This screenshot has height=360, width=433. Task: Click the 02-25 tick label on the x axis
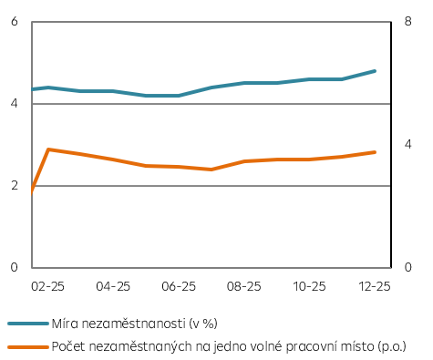tap(47, 286)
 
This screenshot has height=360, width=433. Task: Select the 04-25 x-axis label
tap(113, 286)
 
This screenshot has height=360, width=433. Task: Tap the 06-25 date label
tap(179, 286)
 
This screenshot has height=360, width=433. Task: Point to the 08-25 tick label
tap(244, 286)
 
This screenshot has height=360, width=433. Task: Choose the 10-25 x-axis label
tap(310, 286)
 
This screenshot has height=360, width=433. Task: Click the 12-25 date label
tap(375, 286)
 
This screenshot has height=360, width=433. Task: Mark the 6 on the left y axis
tap(15, 21)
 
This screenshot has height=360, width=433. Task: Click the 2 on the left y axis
tap(15, 186)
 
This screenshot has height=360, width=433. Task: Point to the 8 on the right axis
tap(407, 21)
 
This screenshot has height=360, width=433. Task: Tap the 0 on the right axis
tap(407, 267)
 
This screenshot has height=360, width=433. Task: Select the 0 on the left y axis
tap(15, 267)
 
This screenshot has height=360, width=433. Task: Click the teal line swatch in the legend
tap(27, 323)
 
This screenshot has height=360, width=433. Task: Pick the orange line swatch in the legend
tap(27, 345)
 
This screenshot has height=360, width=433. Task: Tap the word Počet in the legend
tap(69, 345)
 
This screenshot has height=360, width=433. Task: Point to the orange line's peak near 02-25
tap(47, 149)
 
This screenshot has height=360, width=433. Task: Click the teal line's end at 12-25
tap(375, 70)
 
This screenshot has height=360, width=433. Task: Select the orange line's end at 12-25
tap(375, 152)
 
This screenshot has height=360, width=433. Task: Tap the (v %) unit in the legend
tap(205, 323)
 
